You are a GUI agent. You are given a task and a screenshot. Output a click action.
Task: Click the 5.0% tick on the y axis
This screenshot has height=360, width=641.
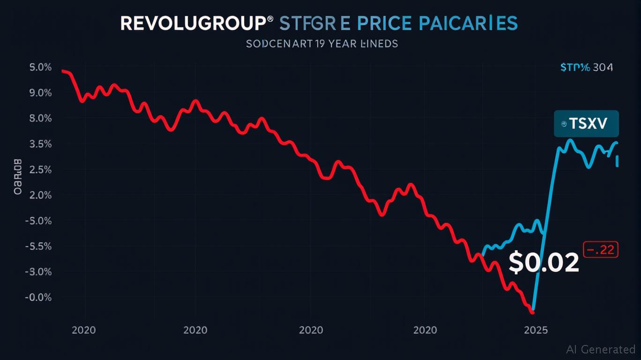40,67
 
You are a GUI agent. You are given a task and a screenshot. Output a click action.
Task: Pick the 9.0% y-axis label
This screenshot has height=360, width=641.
40,93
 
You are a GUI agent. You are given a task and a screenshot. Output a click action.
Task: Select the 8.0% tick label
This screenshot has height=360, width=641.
40,119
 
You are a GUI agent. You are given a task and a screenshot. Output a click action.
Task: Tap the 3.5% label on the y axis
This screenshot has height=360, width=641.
40,144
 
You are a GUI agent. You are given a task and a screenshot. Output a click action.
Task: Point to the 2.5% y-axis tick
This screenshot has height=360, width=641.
40,170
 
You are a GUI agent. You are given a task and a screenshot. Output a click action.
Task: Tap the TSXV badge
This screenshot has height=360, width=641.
586,124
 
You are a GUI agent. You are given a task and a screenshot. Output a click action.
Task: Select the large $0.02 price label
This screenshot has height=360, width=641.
544,263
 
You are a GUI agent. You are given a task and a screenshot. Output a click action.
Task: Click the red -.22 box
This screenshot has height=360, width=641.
601,250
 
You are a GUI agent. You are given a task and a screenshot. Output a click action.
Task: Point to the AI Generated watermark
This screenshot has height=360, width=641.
600,349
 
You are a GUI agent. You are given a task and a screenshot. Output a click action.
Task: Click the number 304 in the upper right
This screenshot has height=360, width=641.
603,67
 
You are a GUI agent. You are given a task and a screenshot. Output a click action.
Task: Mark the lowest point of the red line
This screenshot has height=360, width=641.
532,312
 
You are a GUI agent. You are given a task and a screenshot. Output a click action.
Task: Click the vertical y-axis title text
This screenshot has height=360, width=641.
18,177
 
